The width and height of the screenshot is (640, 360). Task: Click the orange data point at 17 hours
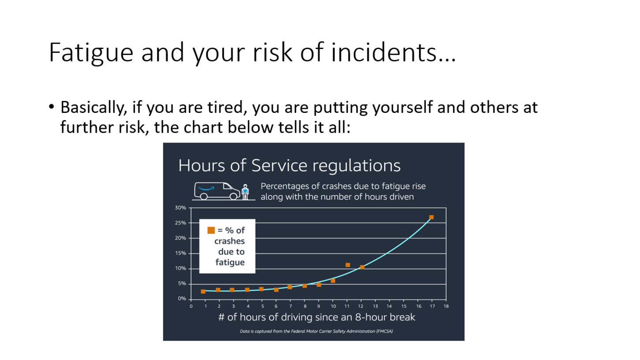tap(431, 217)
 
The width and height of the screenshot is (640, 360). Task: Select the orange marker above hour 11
tap(348, 265)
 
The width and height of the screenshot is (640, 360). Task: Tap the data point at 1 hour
tap(203, 292)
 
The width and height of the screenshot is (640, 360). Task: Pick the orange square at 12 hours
tap(362, 267)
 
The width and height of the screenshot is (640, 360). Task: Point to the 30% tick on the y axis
tap(180, 208)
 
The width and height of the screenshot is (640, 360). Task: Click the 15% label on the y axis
tap(180, 253)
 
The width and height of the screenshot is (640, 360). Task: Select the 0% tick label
tap(182, 299)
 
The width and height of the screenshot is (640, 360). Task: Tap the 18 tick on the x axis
tap(446, 306)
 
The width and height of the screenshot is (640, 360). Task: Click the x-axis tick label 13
tap(375, 306)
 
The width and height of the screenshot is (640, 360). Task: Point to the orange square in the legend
tap(211, 230)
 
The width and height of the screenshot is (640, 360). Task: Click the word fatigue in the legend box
tap(230, 262)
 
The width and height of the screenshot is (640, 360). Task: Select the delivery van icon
tap(217, 191)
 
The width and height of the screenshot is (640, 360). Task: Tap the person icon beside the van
tap(245, 192)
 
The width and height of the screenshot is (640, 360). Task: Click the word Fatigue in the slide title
tap(91, 52)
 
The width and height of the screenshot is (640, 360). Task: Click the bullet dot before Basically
tap(52, 107)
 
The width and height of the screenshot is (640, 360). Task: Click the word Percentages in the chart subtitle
tap(285, 187)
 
